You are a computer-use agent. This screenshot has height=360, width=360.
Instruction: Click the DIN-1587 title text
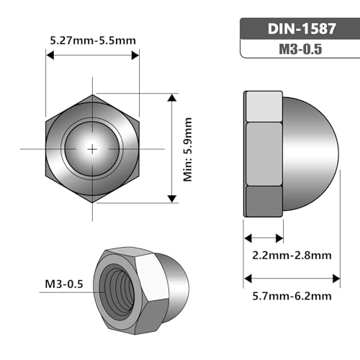pos(302,29)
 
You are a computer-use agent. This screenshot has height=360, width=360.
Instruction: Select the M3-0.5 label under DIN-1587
pos(300,49)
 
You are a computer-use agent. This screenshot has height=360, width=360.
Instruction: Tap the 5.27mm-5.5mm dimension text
pos(93,40)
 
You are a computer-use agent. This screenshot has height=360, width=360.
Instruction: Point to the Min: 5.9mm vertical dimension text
pos(187,149)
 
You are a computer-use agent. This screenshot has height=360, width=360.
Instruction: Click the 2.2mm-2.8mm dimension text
pos(292,255)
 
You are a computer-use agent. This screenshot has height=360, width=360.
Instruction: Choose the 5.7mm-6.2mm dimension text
pos(292,296)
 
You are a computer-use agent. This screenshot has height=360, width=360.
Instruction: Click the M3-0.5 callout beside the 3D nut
pos(64,284)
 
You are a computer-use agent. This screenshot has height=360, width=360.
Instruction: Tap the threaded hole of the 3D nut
pos(117,290)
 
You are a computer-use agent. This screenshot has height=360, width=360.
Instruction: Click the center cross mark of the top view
pos(92,149)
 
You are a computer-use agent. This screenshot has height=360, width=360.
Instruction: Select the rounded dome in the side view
pos(311,153)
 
